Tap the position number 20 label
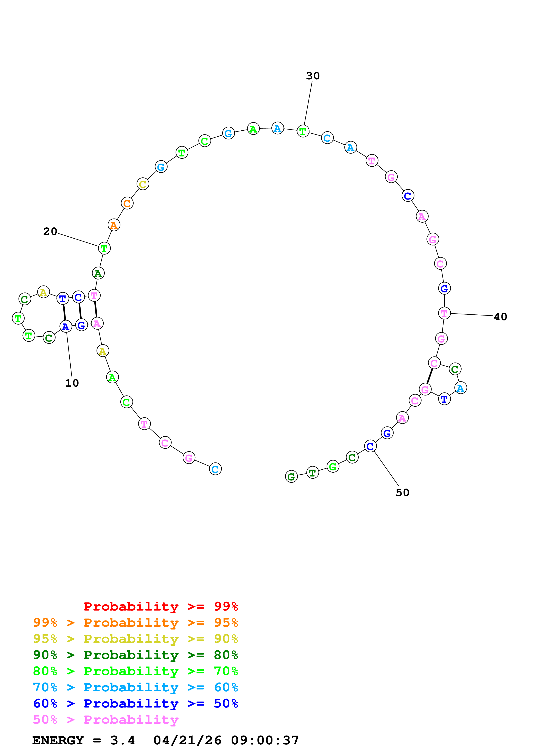[x=50, y=231]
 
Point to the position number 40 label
[x=500, y=317]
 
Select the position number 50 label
[x=402, y=493]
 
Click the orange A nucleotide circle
[x=114, y=225]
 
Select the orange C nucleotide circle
[x=127, y=203]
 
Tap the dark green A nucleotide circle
[x=98, y=273]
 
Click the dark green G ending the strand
[x=291, y=476]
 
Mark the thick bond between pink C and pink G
[x=430, y=376]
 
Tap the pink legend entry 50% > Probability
[x=106, y=720]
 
